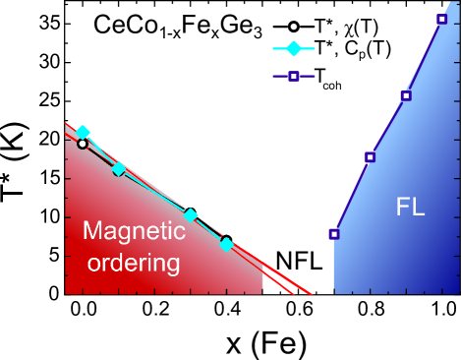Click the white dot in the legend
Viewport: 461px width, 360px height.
[x=294, y=27]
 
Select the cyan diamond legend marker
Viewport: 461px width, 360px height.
[x=294, y=48]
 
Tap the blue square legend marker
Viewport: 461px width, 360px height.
[x=294, y=76]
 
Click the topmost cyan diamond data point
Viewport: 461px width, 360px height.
[x=83, y=132]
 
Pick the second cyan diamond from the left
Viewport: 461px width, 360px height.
[x=119, y=169]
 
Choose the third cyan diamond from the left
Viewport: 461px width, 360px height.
[x=191, y=214]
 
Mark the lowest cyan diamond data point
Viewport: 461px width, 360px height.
[x=226, y=244]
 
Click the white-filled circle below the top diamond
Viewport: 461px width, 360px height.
[x=83, y=144]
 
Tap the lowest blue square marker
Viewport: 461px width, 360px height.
[x=334, y=234]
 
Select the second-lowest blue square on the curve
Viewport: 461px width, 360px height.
[x=370, y=156]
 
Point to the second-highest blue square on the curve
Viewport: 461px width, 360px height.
[x=406, y=95]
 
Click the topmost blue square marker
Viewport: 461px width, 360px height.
[x=441, y=19]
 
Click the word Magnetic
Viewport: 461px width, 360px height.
[x=134, y=231]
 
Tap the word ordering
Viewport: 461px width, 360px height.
[x=134, y=264]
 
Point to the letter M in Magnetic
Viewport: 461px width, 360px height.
[x=92, y=231]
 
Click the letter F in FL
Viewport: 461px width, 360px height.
[x=402, y=208]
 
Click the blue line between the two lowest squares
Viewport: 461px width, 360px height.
[x=352, y=195]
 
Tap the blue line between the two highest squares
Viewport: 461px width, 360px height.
[x=424, y=57]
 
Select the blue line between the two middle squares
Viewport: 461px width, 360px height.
[x=388, y=125]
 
